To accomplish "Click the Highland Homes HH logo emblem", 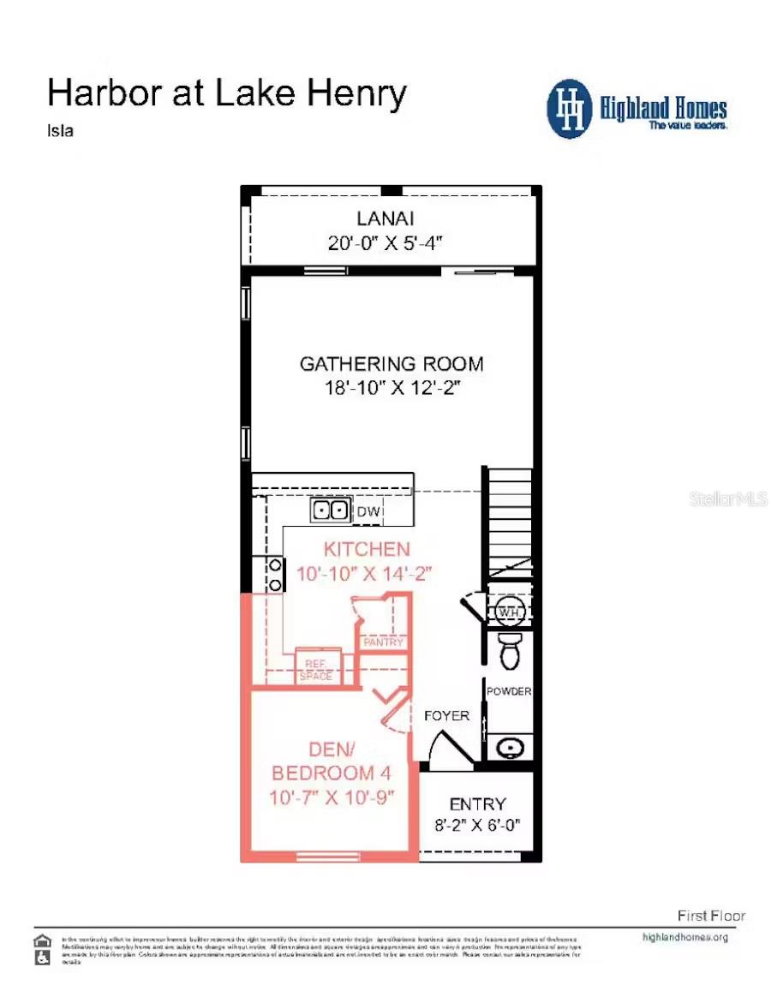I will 570,109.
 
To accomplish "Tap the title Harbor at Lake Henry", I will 226,93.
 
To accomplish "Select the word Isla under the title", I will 59,131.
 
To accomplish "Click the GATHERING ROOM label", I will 391,364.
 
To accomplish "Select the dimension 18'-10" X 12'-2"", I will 391,387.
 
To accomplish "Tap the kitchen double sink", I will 331,510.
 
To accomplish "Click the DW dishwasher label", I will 368,512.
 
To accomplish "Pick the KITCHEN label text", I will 366,549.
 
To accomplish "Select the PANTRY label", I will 383,642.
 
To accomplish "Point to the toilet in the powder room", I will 509,651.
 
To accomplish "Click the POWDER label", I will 509,691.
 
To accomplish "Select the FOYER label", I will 446,715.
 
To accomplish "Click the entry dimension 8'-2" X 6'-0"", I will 477,827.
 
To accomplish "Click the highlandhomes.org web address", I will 684,937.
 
